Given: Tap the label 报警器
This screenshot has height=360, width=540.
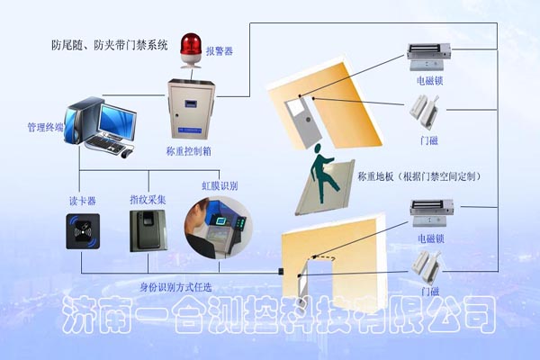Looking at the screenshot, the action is (220, 51).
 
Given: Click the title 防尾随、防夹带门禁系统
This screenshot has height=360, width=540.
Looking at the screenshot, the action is (110, 45).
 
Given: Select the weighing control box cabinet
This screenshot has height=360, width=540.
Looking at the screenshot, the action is (191, 110).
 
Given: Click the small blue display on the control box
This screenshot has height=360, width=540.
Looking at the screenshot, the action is (190, 103).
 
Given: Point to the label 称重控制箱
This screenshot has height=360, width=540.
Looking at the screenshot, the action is (189, 151).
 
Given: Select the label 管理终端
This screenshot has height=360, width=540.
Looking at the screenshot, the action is (46, 127).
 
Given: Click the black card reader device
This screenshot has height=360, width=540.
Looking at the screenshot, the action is (83, 231).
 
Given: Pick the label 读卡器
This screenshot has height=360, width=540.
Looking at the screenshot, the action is (83, 202).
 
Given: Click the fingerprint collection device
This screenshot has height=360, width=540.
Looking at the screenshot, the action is (148, 230).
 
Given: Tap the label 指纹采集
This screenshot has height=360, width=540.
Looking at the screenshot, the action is (148, 200).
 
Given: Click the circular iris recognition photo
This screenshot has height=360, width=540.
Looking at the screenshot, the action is (219, 228).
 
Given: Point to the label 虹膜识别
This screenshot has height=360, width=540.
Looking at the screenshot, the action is (220, 185).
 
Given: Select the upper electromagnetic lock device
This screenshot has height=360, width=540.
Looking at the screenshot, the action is (429, 57).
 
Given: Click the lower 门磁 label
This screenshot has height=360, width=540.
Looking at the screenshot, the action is (430, 292).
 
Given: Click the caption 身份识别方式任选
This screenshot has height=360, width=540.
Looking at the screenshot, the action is (175, 287).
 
